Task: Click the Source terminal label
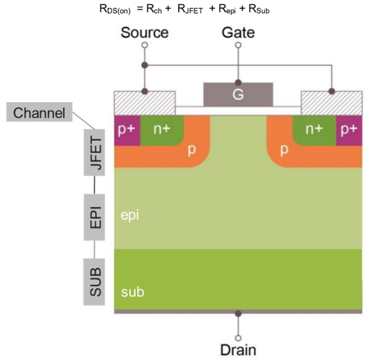pyautogui.click(x=144, y=32)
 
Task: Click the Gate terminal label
pyautogui.click(x=238, y=32)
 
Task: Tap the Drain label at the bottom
pyautogui.click(x=238, y=349)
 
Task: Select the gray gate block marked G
pyautogui.click(x=238, y=95)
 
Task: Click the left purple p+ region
pyautogui.click(x=127, y=130)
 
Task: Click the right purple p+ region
pyautogui.click(x=349, y=130)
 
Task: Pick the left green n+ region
pyautogui.click(x=162, y=130)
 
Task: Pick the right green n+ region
pyautogui.click(x=314, y=130)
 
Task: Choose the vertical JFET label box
pyautogui.click(x=95, y=153)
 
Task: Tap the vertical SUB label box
pyautogui.click(x=95, y=279)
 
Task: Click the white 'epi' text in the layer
pyautogui.click(x=130, y=215)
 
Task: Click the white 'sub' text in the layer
pyautogui.click(x=132, y=293)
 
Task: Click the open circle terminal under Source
pyautogui.click(x=144, y=46)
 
